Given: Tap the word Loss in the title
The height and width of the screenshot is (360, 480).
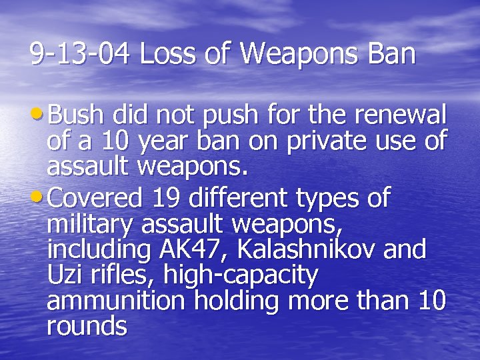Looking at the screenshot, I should [159, 54].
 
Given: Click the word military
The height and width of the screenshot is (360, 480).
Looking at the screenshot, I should [91, 225].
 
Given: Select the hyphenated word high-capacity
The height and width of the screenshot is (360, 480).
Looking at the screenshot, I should [243, 275].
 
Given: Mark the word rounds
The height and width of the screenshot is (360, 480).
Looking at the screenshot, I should [87, 326].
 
